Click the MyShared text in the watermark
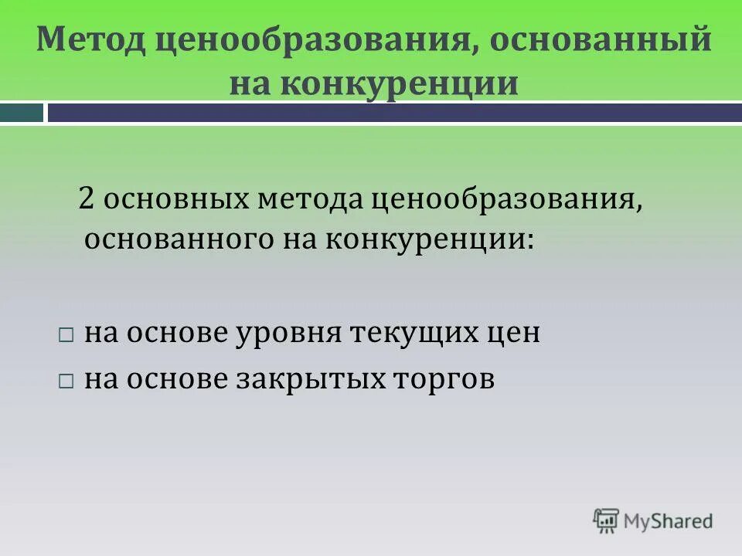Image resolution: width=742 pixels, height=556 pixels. (669, 520)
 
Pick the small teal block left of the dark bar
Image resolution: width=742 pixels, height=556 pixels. (22, 113)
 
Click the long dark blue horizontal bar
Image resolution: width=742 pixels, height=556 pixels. (394, 113)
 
